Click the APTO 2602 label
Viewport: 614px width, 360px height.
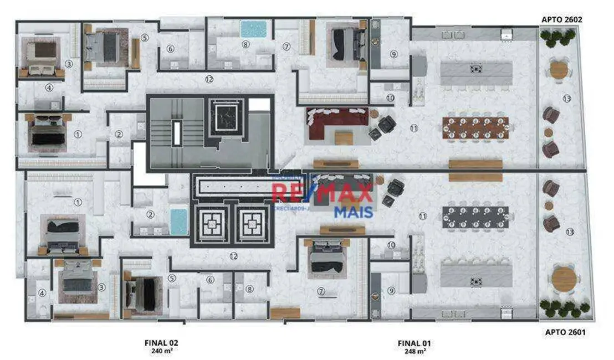click(561, 19)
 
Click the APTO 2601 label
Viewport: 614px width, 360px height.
click(561, 332)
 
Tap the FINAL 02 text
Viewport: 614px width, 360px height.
click(161, 343)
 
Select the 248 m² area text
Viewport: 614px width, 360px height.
click(412, 351)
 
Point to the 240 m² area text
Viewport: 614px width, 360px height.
click(161, 351)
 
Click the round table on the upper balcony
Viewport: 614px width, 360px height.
click(559, 70)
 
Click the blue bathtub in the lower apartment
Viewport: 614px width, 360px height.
click(178, 222)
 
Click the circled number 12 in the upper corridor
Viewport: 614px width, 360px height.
click(209, 79)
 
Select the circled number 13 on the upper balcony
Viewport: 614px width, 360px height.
click(566, 99)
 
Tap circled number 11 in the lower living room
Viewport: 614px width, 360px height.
click(423, 217)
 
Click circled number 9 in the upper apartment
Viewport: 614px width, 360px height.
click(393, 54)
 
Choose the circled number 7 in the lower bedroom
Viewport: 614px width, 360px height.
click(321, 291)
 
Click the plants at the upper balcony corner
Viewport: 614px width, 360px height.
click(559, 37)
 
